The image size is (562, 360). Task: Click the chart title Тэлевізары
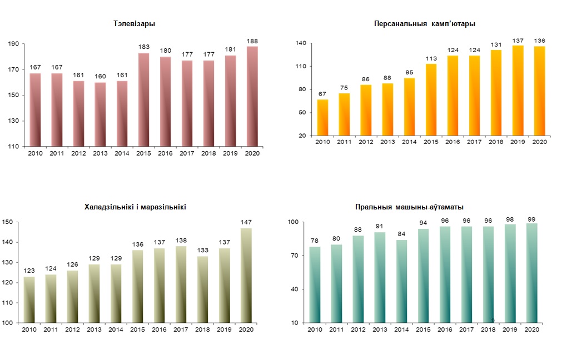[x=134, y=24]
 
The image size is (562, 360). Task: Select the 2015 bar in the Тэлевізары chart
[x=144, y=99]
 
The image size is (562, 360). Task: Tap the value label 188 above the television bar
[x=252, y=41]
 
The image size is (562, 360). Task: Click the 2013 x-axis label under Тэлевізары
[x=101, y=153]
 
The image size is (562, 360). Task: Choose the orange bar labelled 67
[x=322, y=117]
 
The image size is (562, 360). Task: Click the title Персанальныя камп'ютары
[x=425, y=24]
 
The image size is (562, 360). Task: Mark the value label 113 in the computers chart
[x=431, y=58]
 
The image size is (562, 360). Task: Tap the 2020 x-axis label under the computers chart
[x=539, y=142]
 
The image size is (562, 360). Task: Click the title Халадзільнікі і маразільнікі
[x=135, y=207]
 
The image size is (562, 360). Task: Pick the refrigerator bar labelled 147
[x=245, y=275]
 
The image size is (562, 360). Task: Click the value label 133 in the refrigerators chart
[x=202, y=251]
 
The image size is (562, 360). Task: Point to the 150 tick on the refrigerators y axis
[x=7, y=222]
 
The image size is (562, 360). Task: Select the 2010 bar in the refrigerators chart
[x=28, y=299]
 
